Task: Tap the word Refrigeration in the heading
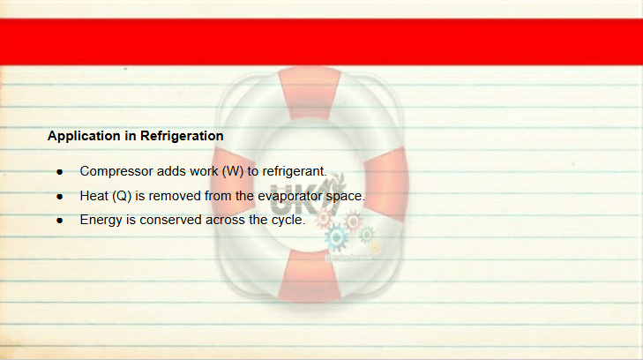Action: (x=182, y=136)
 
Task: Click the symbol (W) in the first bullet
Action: (x=233, y=171)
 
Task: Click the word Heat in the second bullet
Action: (x=93, y=196)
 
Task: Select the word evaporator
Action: (x=290, y=197)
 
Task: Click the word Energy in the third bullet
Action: (x=101, y=221)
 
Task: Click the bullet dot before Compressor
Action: (x=60, y=172)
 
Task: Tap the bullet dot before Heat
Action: (x=60, y=197)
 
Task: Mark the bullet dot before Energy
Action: (x=60, y=221)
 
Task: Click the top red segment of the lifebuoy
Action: (x=310, y=94)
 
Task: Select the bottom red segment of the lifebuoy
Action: (x=310, y=275)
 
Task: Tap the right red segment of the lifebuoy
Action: (x=386, y=184)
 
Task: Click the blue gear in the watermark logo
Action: (x=336, y=237)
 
